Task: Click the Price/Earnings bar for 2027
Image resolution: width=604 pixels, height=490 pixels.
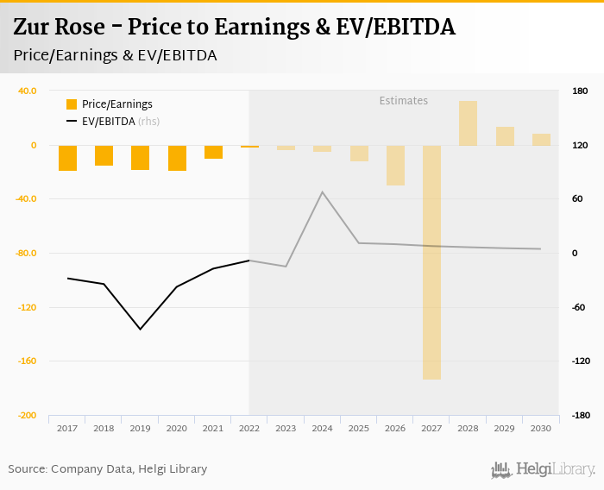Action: pos(431,262)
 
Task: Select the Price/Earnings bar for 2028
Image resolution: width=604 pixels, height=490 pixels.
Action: pos(468,123)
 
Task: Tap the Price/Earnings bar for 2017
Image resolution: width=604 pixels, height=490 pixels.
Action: pos(67,158)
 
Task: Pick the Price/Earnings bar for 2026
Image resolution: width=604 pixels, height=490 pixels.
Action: pos(395,165)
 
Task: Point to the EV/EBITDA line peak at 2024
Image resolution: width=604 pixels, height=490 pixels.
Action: pos(323,192)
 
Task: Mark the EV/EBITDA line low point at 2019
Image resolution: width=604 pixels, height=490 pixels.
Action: pos(140,329)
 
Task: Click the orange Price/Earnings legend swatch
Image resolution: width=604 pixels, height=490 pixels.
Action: pos(72,104)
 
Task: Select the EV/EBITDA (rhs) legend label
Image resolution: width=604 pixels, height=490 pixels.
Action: pos(121,122)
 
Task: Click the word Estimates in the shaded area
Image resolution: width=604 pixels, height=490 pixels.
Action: pos(403,101)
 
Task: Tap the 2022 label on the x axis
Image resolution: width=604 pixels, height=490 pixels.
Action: pos(249,428)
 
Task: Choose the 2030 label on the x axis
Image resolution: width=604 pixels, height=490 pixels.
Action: pos(541,428)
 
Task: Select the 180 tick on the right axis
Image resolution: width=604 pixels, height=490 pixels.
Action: pos(580,91)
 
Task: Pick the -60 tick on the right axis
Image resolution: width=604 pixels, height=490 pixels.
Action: pos(579,307)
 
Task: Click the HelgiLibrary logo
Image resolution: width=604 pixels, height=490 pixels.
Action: pos(543,469)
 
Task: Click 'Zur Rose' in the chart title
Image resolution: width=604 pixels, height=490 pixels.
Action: pos(60,28)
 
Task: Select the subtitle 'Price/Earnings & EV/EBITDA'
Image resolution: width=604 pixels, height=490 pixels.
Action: pos(115,55)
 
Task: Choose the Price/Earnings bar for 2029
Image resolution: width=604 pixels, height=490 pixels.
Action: pos(505,135)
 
